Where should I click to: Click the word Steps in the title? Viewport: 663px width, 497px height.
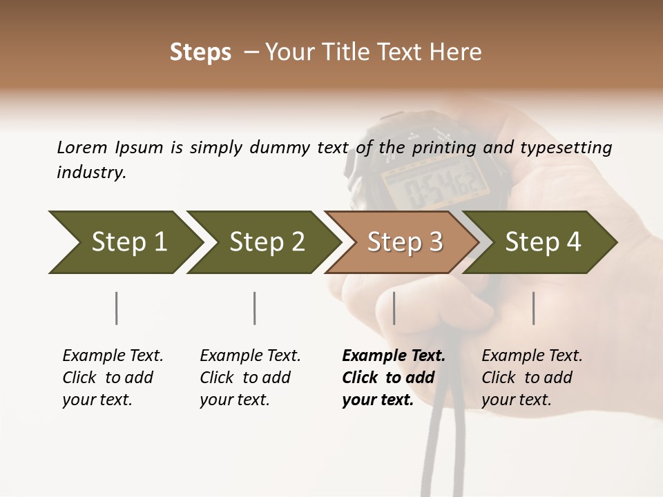click(x=200, y=52)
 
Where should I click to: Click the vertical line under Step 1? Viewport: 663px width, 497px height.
click(x=117, y=308)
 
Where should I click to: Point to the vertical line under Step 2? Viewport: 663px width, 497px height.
click(x=255, y=308)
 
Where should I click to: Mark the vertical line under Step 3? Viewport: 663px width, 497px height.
click(x=394, y=308)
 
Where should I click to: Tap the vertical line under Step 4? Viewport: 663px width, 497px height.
click(x=534, y=308)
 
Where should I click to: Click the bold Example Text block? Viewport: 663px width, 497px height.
click(x=394, y=378)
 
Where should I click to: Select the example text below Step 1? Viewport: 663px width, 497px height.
click(x=113, y=378)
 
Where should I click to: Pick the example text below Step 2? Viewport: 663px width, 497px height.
click(x=250, y=378)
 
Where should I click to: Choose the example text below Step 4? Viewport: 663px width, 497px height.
click(x=532, y=378)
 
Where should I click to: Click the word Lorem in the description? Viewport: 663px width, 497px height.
click(x=82, y=147)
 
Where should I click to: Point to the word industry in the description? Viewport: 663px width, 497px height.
click(x=91, y=172)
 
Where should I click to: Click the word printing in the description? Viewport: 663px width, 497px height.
click(x=443, y=147)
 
